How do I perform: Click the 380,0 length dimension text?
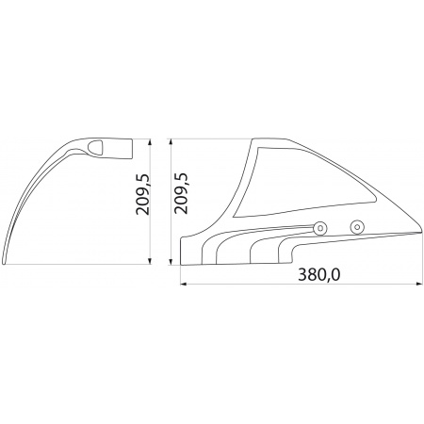pos(318,275)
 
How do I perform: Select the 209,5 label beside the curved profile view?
pos(143,193)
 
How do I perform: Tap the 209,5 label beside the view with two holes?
pos(181,193)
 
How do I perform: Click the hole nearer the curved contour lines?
pos(320,228)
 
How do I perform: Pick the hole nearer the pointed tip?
pos(357,227)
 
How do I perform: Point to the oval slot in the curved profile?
pos(95,147)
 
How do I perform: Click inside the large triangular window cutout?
pos(302,186)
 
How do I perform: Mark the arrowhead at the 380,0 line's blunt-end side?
pos(183,284)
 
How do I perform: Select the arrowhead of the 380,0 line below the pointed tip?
pos(419,284)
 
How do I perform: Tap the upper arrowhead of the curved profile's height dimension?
pos(150,141)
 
